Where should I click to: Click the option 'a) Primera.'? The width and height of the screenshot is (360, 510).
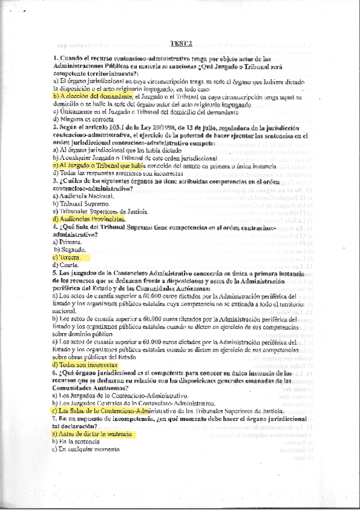coord(70,242)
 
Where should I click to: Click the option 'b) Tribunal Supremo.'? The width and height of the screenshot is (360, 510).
coord(81,204)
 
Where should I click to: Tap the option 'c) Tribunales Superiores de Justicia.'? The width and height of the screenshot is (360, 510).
coord(100,212)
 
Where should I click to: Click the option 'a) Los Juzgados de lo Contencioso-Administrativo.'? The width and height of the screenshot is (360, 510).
coord(120,395)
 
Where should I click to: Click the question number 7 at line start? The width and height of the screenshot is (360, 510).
coord(55,417)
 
